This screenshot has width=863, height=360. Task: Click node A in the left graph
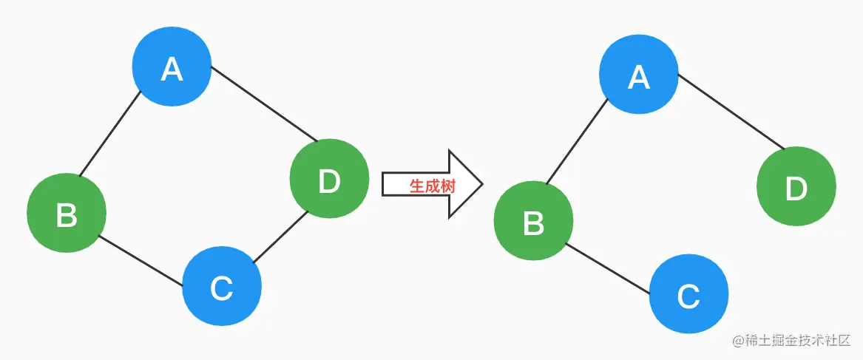point(172,69)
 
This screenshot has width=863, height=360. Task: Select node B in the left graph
point(67,214)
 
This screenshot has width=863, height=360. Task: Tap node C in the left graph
point(222,286)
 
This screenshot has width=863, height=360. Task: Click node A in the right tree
point(639,76)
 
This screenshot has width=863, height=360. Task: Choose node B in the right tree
point(533,221)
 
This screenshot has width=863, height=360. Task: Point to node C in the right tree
point(688,295)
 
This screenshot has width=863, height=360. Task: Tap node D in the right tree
point(796,188)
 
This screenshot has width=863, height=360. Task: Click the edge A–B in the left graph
point(110,134)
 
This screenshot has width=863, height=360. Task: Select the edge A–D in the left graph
point(264,103)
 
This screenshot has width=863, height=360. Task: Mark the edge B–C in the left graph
point(141,260)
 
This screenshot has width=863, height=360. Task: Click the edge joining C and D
point(280,238)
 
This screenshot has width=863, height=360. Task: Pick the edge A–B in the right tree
point(577,140)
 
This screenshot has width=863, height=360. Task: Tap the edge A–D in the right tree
point(731,110)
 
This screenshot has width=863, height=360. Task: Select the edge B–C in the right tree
point(608,268)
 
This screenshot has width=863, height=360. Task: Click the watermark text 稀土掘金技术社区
point(797,340)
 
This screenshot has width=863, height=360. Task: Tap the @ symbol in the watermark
point(737,340)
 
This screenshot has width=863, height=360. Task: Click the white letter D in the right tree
point(796,189)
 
